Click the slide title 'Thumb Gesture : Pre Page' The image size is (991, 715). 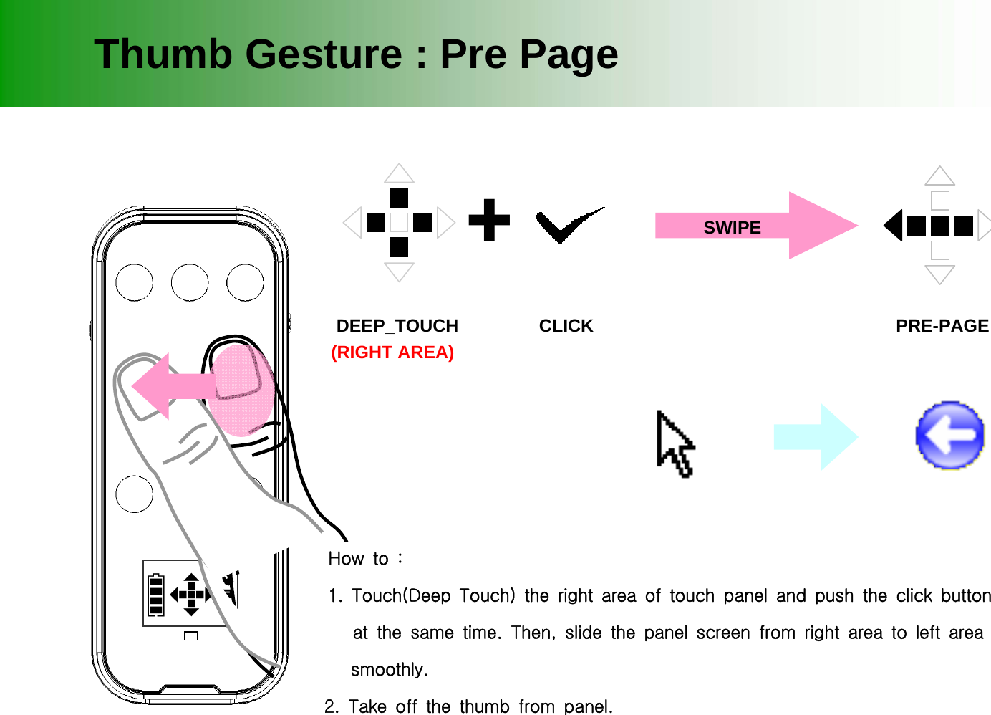pos(356,54)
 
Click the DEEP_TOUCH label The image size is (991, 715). pos(397,326)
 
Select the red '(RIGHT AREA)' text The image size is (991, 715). pos(392,352)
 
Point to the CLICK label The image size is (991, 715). pos(566,326)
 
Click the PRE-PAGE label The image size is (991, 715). pos(942,326)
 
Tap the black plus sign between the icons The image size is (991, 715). pos(489,219)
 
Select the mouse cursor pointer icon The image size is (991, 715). pos(673,443)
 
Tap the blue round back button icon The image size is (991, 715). pos(950,435)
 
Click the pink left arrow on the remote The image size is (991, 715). pos(168,386)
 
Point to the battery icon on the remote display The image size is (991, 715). pos(155,594)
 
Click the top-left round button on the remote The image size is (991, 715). pos(134,282)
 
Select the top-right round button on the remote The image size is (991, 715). pos(245,282)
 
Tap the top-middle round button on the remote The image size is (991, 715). pos(190,282)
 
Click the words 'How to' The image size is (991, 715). pos(359,559)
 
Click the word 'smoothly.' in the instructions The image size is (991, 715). pos(389,670)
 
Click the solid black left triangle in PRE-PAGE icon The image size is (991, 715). pos(894,226)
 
